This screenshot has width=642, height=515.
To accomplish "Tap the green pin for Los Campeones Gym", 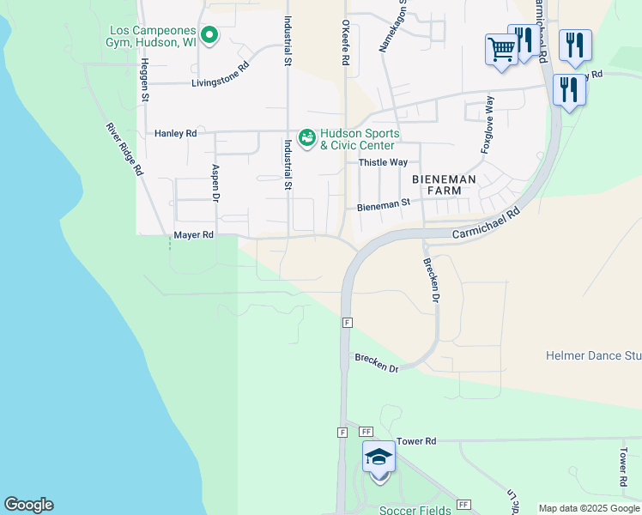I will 208,35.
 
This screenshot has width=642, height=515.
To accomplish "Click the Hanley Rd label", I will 176,134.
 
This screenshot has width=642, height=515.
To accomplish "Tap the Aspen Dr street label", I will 215,183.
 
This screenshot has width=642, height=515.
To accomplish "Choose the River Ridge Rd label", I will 124,149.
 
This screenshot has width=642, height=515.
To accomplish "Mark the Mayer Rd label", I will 193,234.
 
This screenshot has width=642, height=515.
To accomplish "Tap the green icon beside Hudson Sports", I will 306,137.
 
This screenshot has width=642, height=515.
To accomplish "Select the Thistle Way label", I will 383,162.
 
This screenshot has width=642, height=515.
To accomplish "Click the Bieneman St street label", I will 384,206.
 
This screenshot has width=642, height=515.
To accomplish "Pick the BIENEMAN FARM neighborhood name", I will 444,185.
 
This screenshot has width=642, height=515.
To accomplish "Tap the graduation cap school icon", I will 379,457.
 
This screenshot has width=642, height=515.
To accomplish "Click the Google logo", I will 28,505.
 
